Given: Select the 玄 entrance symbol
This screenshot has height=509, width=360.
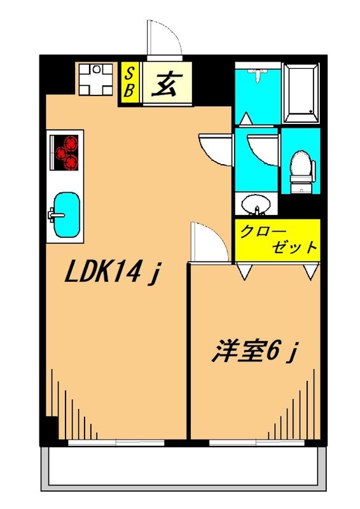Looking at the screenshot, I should pos(167,83).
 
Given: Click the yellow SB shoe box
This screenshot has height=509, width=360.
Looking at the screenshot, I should pos(128,83).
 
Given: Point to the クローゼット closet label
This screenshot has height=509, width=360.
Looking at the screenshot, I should pos(277,239).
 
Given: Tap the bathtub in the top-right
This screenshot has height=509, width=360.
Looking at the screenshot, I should pos(300,93).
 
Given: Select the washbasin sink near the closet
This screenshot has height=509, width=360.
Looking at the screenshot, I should pos(256,205).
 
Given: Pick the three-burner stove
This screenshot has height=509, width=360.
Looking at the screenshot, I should pos(66,151).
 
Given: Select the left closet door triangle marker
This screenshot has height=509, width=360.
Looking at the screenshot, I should pos(244,272).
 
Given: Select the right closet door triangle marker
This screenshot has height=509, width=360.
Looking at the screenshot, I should pos(310,272).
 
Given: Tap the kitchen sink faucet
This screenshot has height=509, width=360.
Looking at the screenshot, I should pos(53,214).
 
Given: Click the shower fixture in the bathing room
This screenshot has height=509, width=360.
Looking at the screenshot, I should pos(256,75).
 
